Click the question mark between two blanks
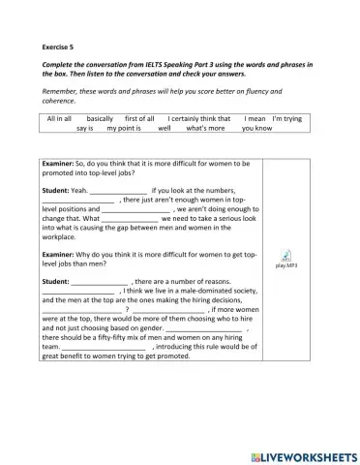click(x=128, y=309)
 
